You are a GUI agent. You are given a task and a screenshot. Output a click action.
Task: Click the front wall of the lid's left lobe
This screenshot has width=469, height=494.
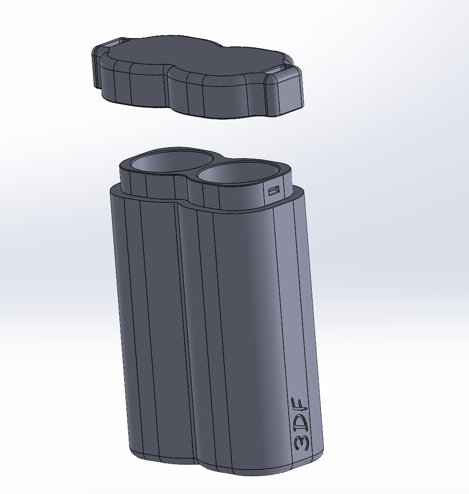(133, 87)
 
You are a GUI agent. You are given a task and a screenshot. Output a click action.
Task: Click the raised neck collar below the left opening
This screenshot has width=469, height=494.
(152, 186)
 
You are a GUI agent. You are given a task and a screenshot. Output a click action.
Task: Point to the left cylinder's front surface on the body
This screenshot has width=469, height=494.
(147, 322)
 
